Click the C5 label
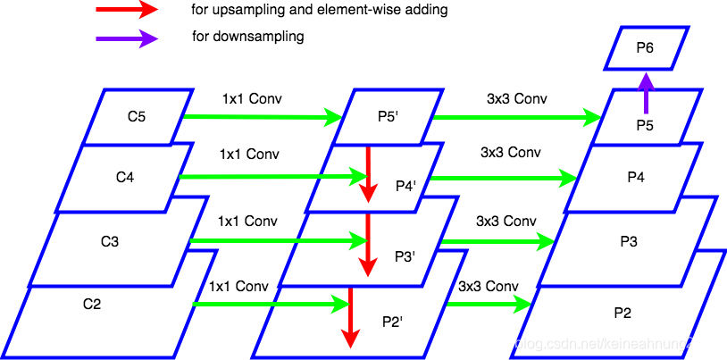click(x=137, y=115)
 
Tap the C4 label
click(x=125, y=177)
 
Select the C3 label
click(x=110, y=241)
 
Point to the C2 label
click(x=92, y=304)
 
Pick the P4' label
click(x=406, y=187)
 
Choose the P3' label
click(x=405, y=257)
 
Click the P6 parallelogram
click(x=646, y=48)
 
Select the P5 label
click(x=645, y=126)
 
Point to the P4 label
click(x=635, y=177)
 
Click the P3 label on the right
click(x=629, y=241)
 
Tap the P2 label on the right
click(x=623, y=313)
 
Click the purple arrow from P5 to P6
click(x=646, y=93)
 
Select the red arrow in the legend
click(x=127, y=10)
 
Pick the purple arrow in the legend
click(x=127, y=38)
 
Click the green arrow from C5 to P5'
click(x=263, y=117)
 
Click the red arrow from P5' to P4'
click(x=368, y=174)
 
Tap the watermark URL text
click(x=595, y=343)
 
